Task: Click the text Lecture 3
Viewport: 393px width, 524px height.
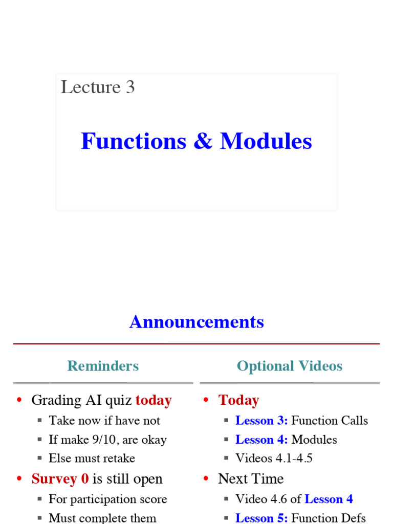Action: click(x=98, y=87)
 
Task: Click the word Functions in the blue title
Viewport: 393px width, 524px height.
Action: click(x=134, y=141)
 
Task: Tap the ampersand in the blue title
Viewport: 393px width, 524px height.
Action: click(x=203, y=142)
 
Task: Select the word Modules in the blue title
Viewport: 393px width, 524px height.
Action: click(x=266, y=141)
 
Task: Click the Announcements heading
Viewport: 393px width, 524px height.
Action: click(x=196, y=322)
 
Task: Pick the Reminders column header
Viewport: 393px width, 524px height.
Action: click(x=103, y=366)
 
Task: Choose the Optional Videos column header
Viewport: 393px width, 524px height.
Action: click(x=289, y=366)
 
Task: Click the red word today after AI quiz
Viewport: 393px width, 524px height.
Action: click(x=154, y=400)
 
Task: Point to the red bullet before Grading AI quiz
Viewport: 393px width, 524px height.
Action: click(x=19, y=401)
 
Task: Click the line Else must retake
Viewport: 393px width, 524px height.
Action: click(x=92, y=458)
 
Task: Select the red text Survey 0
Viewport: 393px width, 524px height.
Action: click(x=60, y=479)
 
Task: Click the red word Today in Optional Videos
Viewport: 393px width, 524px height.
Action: click(x=238, y=400)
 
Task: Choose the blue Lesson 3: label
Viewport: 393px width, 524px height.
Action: click(x=261, y=421)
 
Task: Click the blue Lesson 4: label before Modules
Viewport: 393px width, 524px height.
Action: click(x=261, y=440)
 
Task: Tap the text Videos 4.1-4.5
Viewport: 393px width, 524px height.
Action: click(x=274, y=458)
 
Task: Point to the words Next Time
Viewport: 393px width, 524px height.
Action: click(x=251, y=479)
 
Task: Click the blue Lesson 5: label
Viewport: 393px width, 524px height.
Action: click(x=261, y=518)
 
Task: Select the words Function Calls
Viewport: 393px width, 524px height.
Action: click(x=330, y=421)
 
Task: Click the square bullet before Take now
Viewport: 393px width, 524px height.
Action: click(x=39, y=421)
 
